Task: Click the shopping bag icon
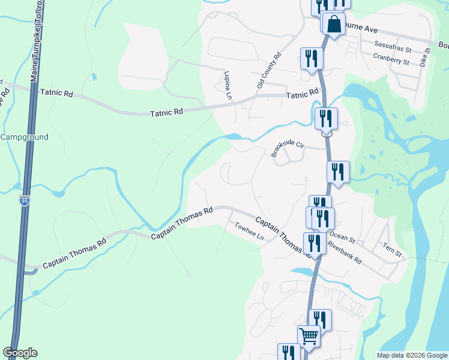[x=334, y=24]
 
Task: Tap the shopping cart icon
[x=309, y=337]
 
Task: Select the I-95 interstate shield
[x=24, y=200]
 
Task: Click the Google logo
[x=20, y=353]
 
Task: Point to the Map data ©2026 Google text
[x=412, y=355]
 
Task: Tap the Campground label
[x=24, y=137]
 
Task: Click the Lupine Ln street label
[x=228, y=85]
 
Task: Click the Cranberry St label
[x=391, y=58]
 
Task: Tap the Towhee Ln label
[x=249, y=232]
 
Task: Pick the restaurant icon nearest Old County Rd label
[x=312, y=58]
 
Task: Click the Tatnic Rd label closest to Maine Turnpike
[x=56, y=94]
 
